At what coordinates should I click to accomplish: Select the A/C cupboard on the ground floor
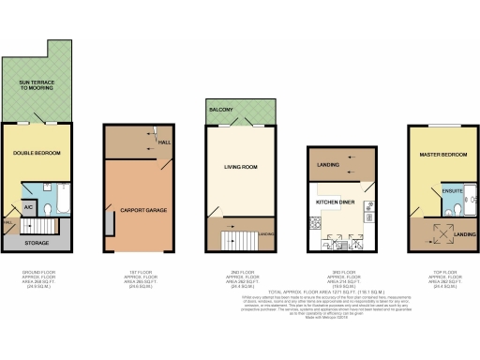(x=28, y=205)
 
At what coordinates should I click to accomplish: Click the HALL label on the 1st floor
(x=163, y=142)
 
